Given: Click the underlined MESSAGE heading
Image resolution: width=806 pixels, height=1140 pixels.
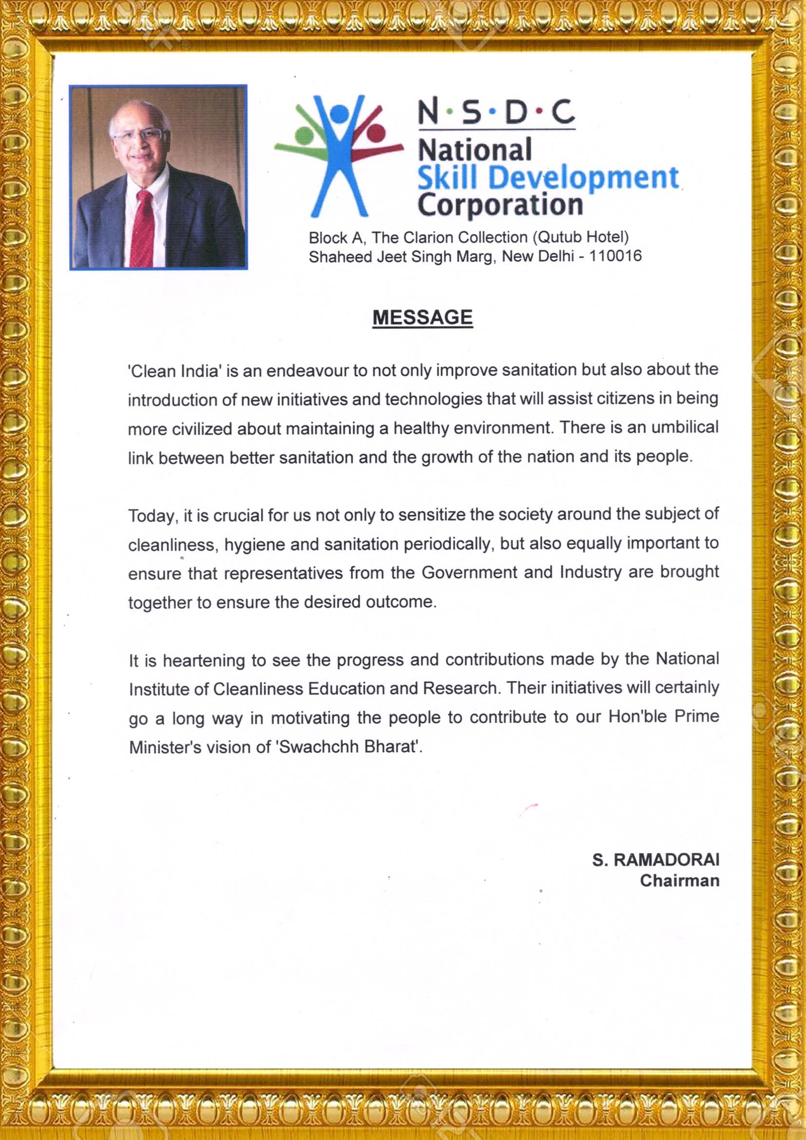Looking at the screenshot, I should point(422,318).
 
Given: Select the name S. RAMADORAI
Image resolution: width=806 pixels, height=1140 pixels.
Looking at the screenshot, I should point(655,860).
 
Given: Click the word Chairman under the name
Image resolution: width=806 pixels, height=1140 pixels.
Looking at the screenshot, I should point(679,881).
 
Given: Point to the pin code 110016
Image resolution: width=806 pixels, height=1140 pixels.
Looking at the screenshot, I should point(615,256).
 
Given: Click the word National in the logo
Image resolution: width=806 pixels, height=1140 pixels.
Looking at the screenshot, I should point(474,150).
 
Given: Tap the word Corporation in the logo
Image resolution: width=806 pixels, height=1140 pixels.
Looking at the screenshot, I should point(500,204).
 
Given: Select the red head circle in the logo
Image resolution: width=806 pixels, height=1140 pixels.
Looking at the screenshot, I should point(376,133).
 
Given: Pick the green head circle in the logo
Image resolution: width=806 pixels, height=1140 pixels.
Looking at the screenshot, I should point(303,135).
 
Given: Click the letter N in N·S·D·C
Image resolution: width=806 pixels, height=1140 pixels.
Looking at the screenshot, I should point(428,112).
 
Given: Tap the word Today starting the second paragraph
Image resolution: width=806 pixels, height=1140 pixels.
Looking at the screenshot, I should point(153,516).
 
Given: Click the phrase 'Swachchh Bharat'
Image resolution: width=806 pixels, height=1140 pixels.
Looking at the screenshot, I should point(349,747).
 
